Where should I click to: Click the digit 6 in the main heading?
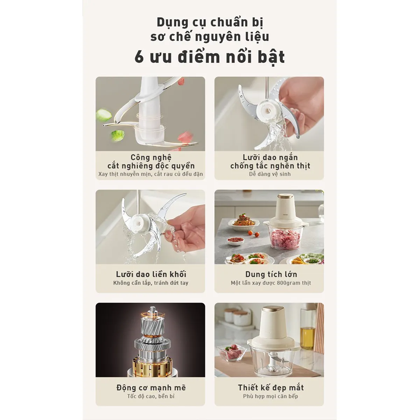pos(139,57)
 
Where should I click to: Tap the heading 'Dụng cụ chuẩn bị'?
pos(210,23)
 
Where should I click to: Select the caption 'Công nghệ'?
pos(151,157)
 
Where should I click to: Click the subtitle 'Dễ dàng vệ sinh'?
pos(270,174)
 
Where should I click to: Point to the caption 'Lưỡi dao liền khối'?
pos(151,274)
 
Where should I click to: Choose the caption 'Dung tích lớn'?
pos(271,274)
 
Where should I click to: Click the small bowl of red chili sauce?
pos(235,240)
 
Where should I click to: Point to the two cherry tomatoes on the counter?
pos(254,234)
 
